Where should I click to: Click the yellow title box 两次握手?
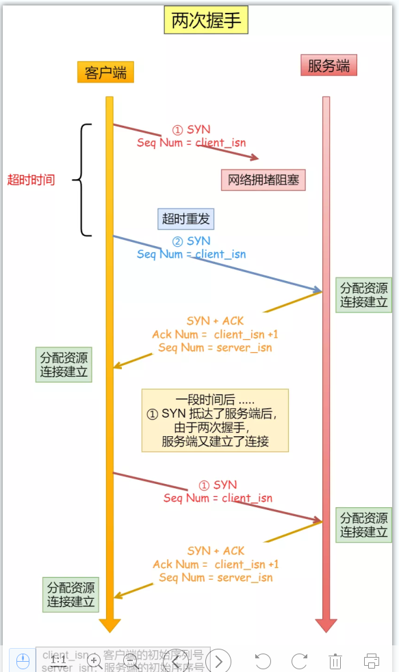click(x=206, y=21)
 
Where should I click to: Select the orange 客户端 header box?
click(x=105, y=72)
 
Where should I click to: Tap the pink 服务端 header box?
click(x=329, y=66)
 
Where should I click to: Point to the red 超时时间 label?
click(x=31, y=180)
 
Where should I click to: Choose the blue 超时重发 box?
click(x=186, y=219)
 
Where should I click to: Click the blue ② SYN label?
click(x=192, y=241)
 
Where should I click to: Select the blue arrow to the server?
click(x=219, y=263)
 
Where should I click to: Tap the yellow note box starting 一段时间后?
click(x=215, y=420)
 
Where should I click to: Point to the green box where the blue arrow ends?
click(x=363, y=295)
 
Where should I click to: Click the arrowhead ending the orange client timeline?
click(x=110, y=625)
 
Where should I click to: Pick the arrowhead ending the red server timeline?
click(x=326, y=625)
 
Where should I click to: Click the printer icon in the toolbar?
click(x=372, y=660)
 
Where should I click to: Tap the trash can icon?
click(x=335, y=660)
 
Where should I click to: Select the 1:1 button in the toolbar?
click(x=59, y=660)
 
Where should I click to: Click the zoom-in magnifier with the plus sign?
click(x=95, y=660)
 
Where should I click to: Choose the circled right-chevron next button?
click(x=218, y=660)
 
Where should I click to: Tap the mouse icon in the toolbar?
click(x=23, y=660)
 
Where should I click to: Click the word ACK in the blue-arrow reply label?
click(x=233, y=321)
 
